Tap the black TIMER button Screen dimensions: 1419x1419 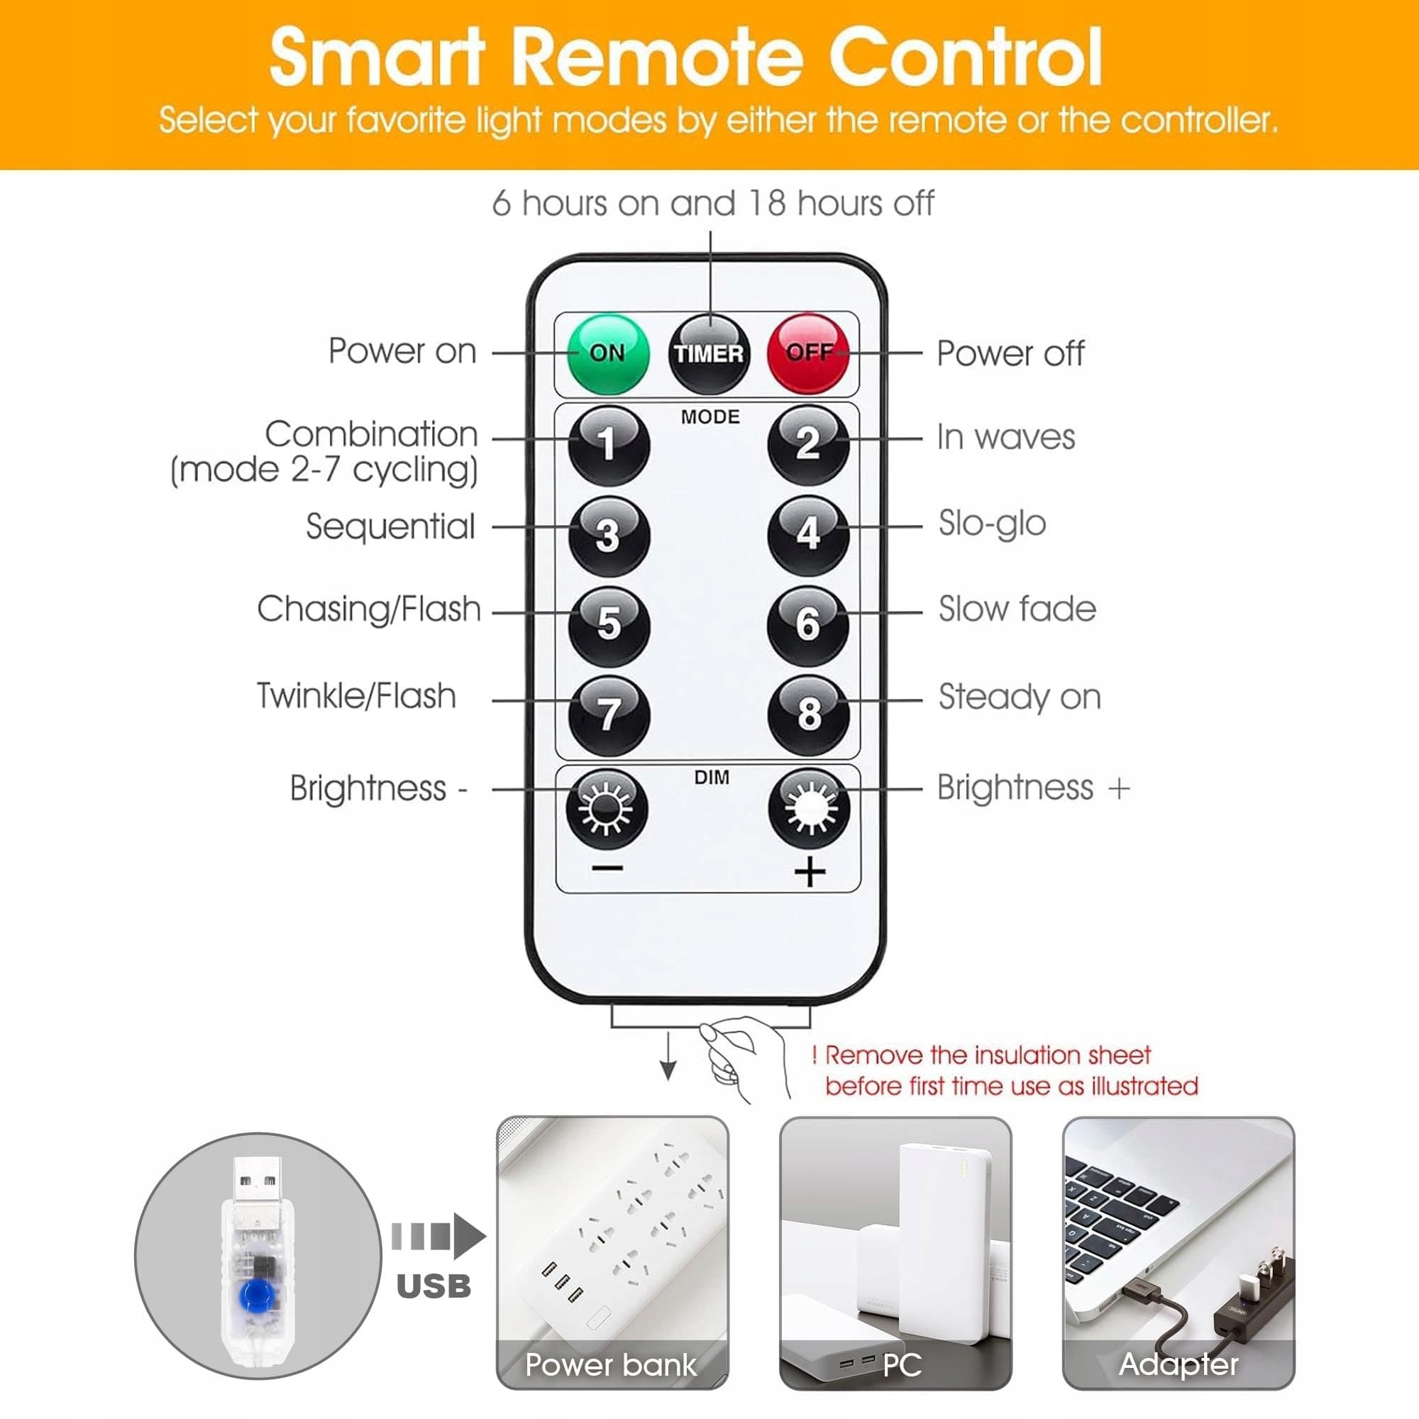click(x=709, y=354)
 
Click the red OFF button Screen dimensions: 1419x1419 click(x=809, y=353)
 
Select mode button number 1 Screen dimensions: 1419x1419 click(x=609, y=445)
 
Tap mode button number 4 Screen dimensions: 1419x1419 click(x=808, y=535)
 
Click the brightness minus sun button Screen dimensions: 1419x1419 click(x=607, y=809)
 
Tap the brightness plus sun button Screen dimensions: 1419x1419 click(x=809, y=809)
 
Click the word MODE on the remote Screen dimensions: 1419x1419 click(x=710, y=417)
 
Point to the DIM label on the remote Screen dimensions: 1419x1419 click(x=712, y=777)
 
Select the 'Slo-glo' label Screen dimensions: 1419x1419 click(x=993, y=524)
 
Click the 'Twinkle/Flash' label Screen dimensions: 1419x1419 click(x=356, y=695)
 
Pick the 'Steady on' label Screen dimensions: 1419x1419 click(x=1020, y=697)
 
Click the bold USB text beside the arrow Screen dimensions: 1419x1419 click(x=434, y=1286)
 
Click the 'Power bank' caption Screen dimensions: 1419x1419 click(x=610, y=1364)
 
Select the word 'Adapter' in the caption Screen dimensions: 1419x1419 click(x=1178, y=1364)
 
